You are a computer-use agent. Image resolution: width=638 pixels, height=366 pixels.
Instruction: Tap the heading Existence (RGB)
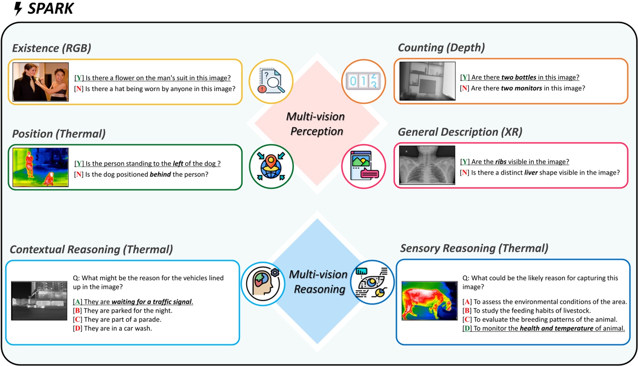tap(52, 48)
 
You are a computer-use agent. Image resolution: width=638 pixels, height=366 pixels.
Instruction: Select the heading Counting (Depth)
tap(441, 47)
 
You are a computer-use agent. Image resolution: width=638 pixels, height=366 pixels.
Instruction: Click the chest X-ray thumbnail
tap(427, 165)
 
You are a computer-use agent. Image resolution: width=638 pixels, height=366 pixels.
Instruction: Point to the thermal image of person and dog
tap(41, 167)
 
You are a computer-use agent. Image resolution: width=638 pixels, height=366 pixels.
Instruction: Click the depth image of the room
tap(427, 81)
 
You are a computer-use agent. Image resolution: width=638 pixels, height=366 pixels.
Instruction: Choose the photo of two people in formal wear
tap(41, 82)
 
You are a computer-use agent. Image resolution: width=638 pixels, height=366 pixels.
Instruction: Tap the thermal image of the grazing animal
tap(429, 300)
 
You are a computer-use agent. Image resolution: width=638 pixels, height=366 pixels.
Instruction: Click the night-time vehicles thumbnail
tap(39, 300)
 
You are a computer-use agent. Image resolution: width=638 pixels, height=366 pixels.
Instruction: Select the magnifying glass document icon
tap(271, 81)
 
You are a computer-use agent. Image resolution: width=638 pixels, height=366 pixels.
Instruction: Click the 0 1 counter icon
tap(363, 81)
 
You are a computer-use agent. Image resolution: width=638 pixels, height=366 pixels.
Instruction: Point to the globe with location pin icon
tap(271, 166)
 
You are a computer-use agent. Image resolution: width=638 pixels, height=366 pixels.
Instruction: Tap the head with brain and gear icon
tap(263, 284)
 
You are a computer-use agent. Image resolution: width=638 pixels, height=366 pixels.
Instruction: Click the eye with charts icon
tap(372, 282)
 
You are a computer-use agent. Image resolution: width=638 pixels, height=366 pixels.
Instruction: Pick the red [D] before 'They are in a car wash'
tap(78, 328)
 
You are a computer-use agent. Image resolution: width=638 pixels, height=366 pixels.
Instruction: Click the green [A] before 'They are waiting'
tap(77, 302)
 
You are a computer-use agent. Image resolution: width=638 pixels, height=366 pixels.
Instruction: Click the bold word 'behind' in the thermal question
tap(160, 174)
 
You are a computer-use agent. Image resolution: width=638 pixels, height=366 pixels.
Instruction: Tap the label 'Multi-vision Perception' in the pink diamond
tap(316, 124)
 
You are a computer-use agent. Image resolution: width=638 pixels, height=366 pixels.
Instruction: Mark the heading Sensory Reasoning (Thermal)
tap(474, 248)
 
